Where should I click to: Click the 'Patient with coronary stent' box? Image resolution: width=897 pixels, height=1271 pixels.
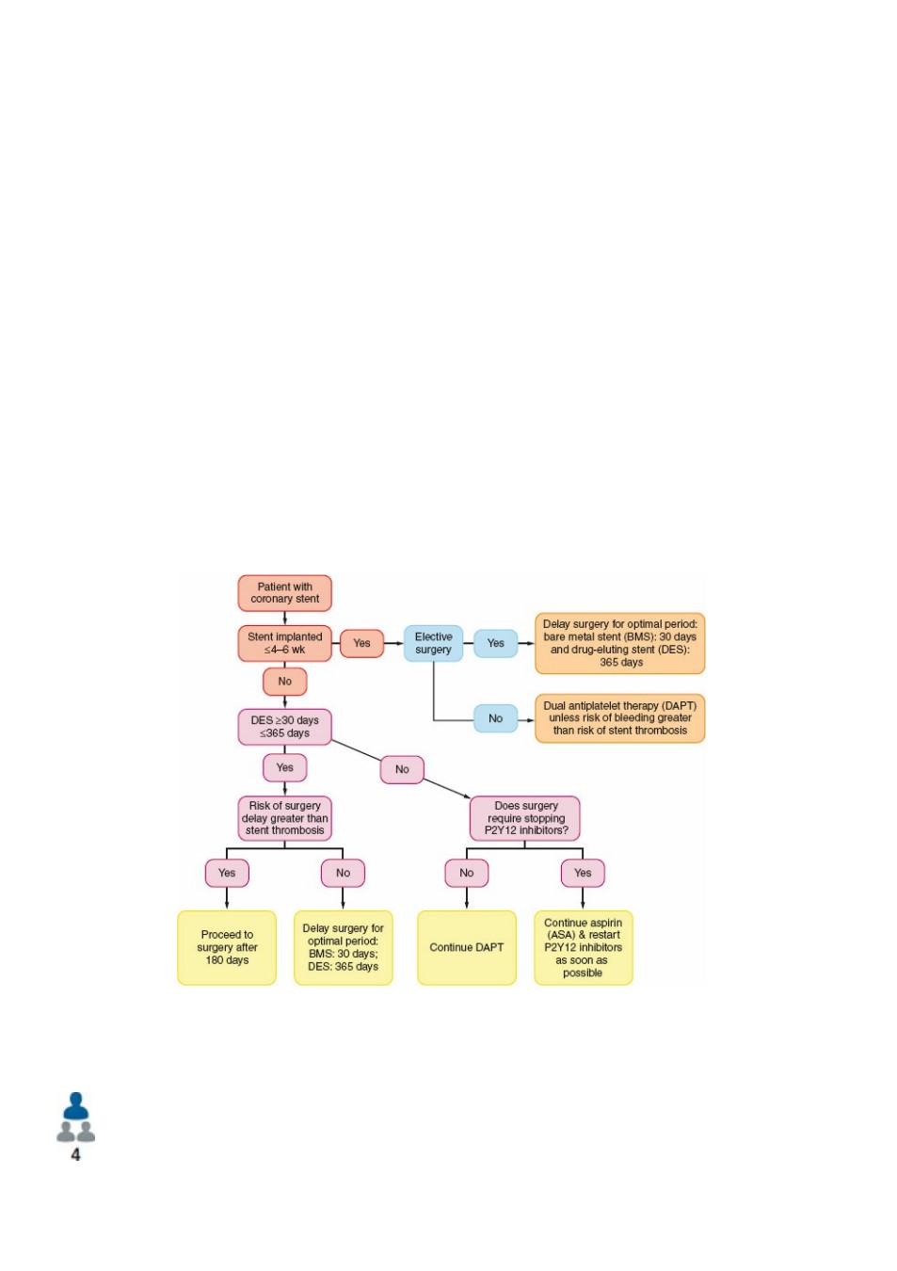click(284, 593)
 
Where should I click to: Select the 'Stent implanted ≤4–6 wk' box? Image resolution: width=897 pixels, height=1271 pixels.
click(284, 643)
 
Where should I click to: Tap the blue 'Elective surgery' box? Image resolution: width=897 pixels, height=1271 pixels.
click(433, 643)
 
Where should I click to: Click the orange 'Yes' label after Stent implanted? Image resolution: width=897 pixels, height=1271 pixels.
click(361, 643)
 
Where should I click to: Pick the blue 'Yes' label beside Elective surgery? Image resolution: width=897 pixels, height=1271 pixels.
click(495, 643)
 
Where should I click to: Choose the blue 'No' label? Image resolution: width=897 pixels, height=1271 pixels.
click(495, 718)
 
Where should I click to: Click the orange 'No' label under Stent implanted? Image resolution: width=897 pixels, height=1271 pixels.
click(284, 682)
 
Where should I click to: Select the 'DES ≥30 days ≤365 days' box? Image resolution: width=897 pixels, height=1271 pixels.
click(284, 727)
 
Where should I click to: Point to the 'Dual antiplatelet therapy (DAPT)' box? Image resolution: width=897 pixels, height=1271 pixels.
click(619, 717)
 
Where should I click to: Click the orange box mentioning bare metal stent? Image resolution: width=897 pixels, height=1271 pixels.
click(619, 643)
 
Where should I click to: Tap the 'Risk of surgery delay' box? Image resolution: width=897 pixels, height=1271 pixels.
click(284, 818)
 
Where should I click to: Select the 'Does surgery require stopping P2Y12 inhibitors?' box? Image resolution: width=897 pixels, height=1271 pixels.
click(525, 818)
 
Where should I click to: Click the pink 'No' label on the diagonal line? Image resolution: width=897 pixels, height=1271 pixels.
click(402, 769)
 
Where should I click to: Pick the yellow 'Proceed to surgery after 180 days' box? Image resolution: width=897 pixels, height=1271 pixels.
click(227, 947)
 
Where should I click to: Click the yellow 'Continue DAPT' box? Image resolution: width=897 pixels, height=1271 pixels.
click(466, 947)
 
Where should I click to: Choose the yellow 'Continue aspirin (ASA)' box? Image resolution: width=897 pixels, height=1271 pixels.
click(583, 947)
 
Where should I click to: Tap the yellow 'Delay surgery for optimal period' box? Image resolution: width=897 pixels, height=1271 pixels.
click(343, 947)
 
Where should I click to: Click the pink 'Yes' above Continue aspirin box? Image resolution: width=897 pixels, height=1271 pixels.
click(583, 873)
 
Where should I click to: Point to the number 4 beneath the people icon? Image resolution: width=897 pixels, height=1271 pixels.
click(75, 1154)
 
